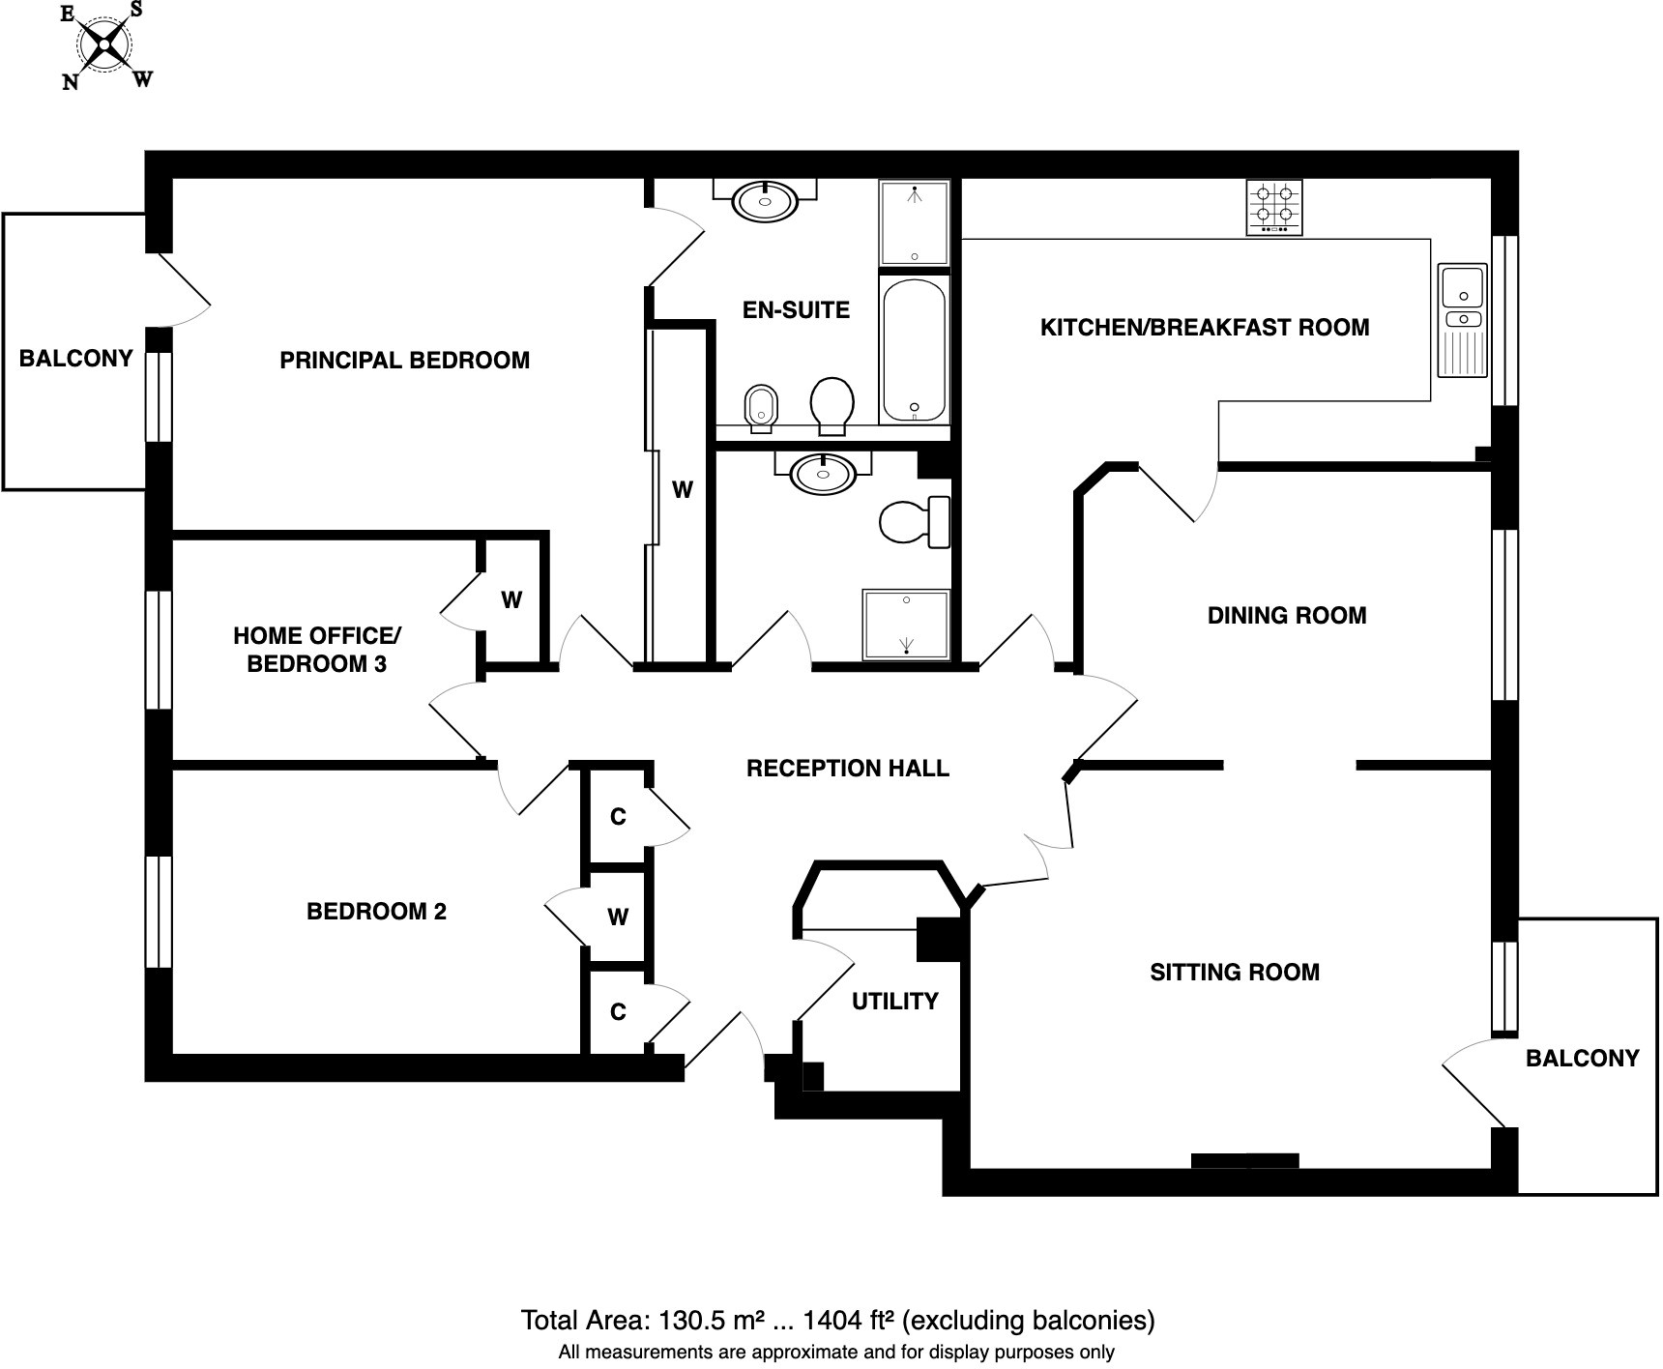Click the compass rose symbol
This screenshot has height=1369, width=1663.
coord(104,45)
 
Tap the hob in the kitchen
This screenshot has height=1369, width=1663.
coord(1273,207)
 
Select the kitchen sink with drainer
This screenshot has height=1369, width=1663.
coord(1462,320)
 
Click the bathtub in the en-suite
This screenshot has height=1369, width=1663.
coord(914,350)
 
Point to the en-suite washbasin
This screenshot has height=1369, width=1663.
coord(765,201)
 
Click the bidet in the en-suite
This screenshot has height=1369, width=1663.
coord(761,408)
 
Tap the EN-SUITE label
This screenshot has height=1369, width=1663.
coord(796,310)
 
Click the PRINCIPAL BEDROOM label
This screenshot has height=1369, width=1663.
coord(404,361)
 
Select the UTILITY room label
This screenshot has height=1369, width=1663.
coord(894,1002)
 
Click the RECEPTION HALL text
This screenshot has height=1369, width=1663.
coord(847,769)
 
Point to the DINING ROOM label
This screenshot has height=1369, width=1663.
coord(1286,616)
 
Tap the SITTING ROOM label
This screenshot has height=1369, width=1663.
coord(1234,973)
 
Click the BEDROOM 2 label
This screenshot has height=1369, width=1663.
coord(376,912)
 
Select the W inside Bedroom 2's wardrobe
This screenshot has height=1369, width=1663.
coord(618,918)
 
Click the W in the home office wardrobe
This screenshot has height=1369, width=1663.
coord(511,600)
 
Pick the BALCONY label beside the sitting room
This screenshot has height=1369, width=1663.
coord(1582,1059)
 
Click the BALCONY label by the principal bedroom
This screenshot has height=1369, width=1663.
coord(75,359)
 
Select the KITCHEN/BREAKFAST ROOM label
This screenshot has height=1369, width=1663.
coord(1204,328)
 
